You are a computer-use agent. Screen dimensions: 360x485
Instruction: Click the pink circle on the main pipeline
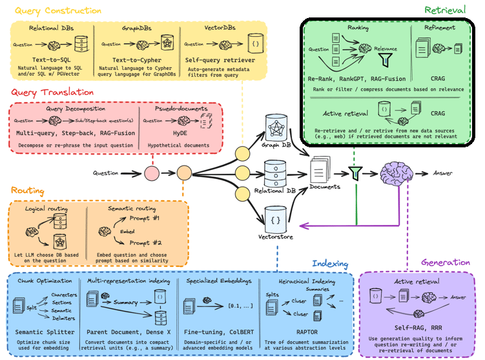(151, 173)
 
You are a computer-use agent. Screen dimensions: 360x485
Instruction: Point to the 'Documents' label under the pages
(325, 187)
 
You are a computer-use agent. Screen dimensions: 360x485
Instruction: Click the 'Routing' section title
(27, 191)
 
